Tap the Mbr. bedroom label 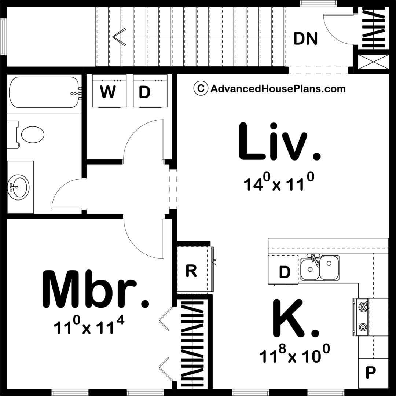tap(95, 289)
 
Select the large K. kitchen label tap(295, 319)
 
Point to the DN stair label tap(305, 39)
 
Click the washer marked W tap(109, 91)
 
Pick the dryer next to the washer tap(150, 91)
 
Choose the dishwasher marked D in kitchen tap(283, 270)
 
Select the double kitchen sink tap(320, 268)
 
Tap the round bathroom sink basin tap(18, 187)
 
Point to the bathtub tap(44, 92)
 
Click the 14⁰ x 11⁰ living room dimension tap(279, 182)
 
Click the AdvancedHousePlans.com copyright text tap(269, 89)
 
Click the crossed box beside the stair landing tap(373, 62)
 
